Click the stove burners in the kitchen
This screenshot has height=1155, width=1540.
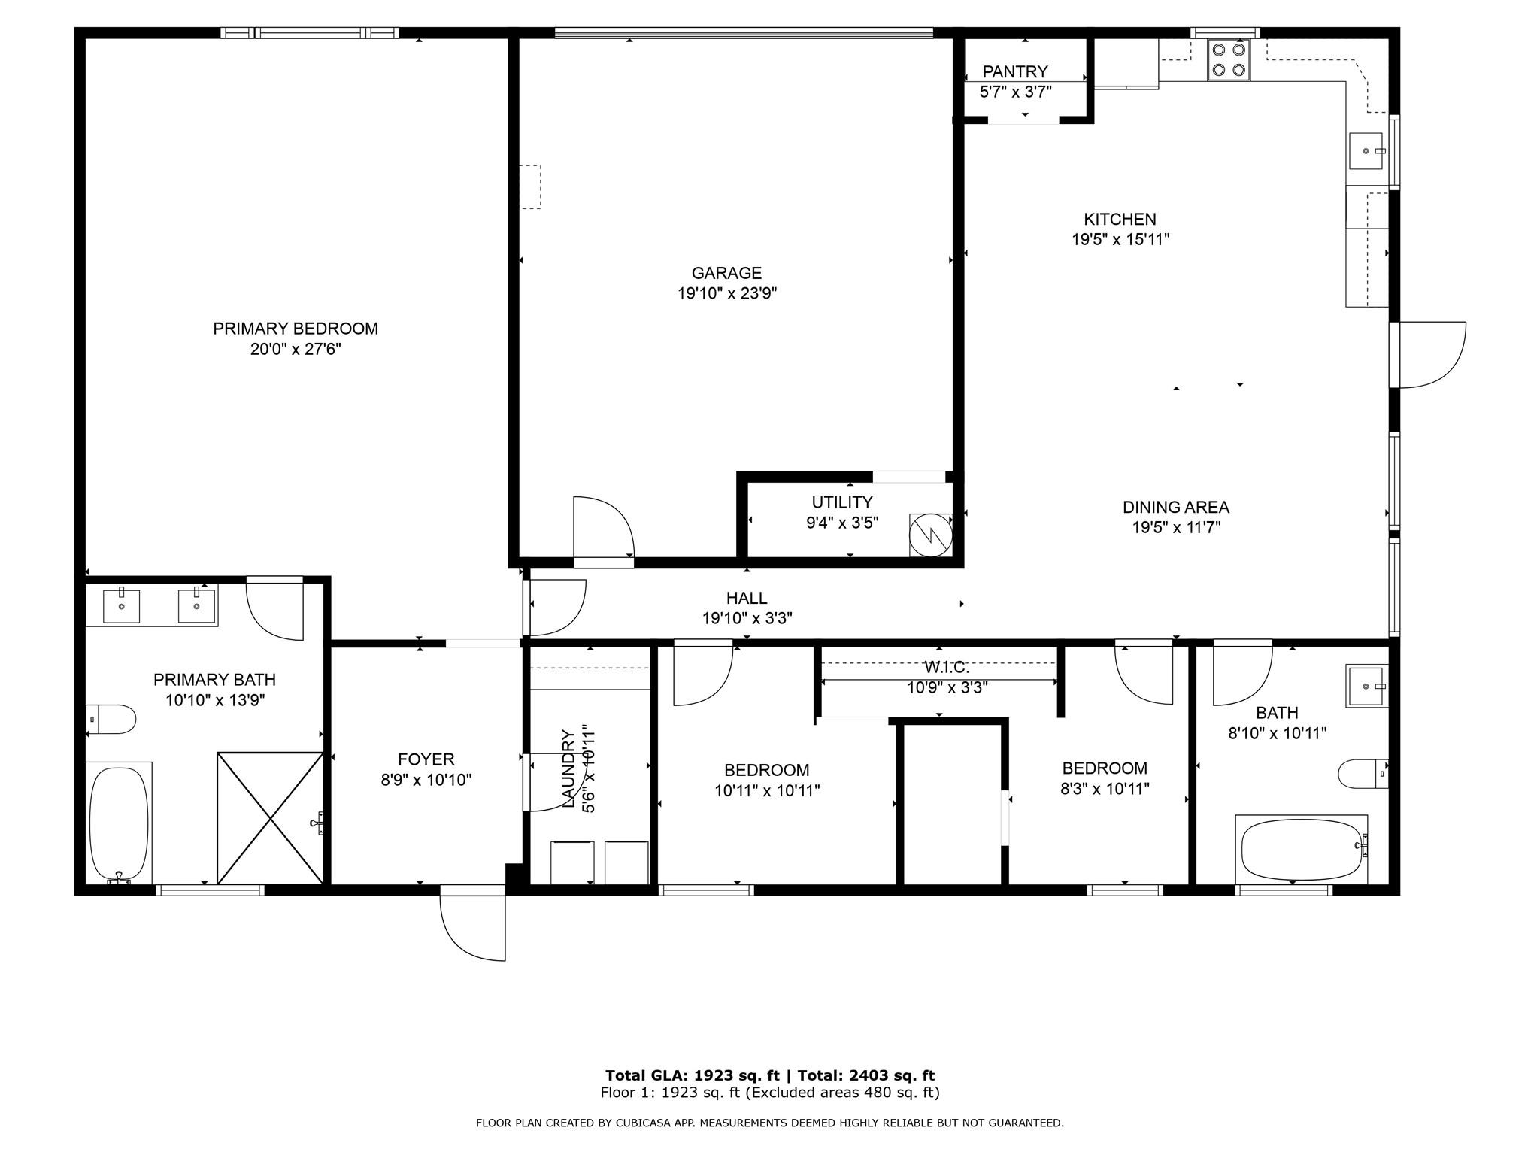(1229, 60)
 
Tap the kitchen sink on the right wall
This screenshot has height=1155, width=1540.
(1366, 151)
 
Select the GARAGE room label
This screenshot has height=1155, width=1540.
(726, 273)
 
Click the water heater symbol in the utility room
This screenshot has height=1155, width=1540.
(931, 535)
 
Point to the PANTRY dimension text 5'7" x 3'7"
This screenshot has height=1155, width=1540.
(1015, 92)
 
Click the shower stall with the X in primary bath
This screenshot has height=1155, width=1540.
(270, 817)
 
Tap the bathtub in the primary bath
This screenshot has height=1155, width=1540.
(119, 823)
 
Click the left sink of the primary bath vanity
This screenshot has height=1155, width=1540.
(121, 606)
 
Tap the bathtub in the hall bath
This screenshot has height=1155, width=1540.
(1302, 850)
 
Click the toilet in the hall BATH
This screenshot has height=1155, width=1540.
(1362, 773)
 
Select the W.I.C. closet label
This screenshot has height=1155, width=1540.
(946, 667)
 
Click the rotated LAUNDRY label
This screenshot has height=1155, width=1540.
(569, 768)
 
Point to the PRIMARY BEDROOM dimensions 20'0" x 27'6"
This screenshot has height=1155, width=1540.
(296, 349)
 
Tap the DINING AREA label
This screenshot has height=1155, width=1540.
(1175, 507)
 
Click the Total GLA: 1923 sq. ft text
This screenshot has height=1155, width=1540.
(692, 1075)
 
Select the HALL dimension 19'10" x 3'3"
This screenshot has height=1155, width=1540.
(747, 618)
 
